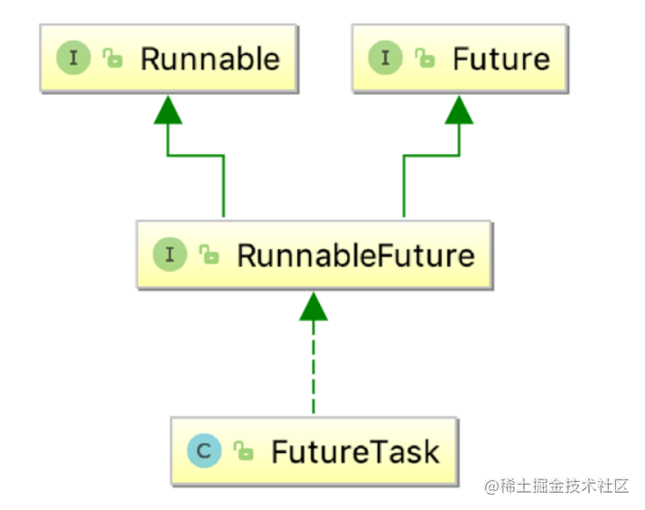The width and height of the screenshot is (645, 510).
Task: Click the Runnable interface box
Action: (167, 60)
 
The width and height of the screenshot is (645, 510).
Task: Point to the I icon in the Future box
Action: (385, 60)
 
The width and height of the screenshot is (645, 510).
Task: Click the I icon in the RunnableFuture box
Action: (169, 255)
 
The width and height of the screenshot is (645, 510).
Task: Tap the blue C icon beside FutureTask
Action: (205, 450)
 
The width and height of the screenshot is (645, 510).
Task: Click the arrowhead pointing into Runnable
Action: (167, 109)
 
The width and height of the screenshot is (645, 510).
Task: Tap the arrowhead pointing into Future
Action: (459, 109)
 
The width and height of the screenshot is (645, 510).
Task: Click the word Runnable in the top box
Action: (210, 60)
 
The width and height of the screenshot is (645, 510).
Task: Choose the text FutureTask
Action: (355, 450)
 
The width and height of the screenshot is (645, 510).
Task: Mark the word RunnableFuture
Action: (355, 255)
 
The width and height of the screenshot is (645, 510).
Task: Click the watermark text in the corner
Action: (556, 487)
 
